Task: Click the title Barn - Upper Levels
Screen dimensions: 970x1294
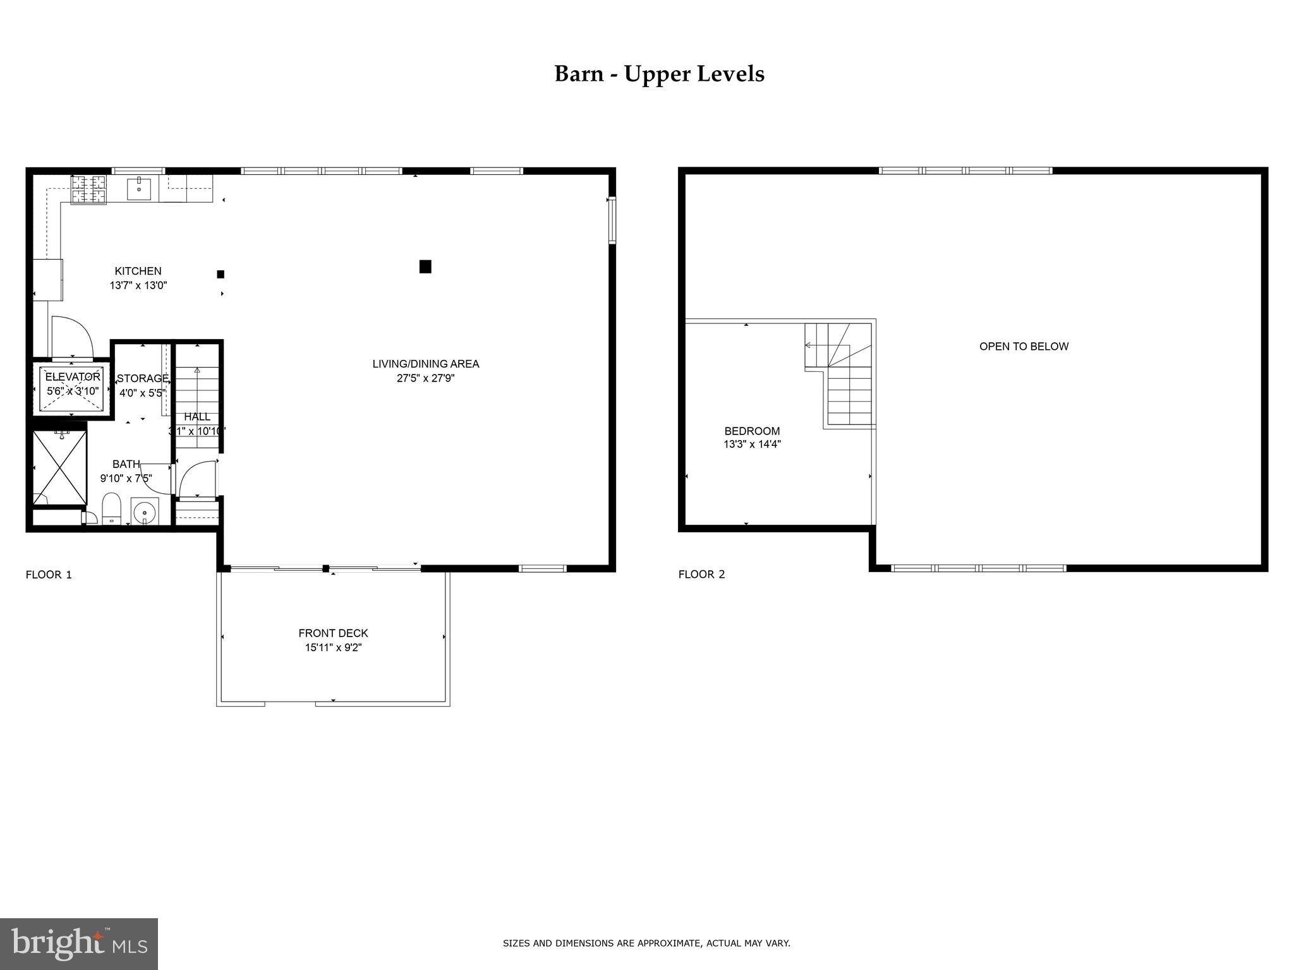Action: pos(659,74)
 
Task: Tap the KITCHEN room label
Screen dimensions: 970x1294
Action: pos(138,271)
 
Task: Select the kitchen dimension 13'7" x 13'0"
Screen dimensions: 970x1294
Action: pos(138,285)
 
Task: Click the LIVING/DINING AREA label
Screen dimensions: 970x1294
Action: pos(425,364)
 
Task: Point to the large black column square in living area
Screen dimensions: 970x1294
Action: pos(425,266)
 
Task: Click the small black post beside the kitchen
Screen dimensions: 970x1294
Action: pos(221,274)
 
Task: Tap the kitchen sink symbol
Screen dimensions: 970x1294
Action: pos(139,188)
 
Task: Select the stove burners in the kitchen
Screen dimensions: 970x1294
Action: pos(88,189)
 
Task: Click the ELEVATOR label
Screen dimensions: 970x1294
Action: pos(73,377)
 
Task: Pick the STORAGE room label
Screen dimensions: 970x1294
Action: pos(143,378)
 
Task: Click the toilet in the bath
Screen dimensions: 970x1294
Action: pos(112,508)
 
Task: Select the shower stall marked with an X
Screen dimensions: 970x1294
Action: pos(59,467)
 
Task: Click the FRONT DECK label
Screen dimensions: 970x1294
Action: pos(333,633)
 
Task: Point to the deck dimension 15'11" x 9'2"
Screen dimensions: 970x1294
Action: pos(333,647)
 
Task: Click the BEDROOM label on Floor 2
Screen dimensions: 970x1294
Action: pos(752,431)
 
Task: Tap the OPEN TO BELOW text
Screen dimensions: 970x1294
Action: pos(1024,346)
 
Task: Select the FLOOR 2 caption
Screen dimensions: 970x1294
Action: pos(701,574)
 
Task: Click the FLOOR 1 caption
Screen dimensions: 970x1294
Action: pos(49,575)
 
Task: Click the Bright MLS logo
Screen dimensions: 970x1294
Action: pos(79,943)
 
